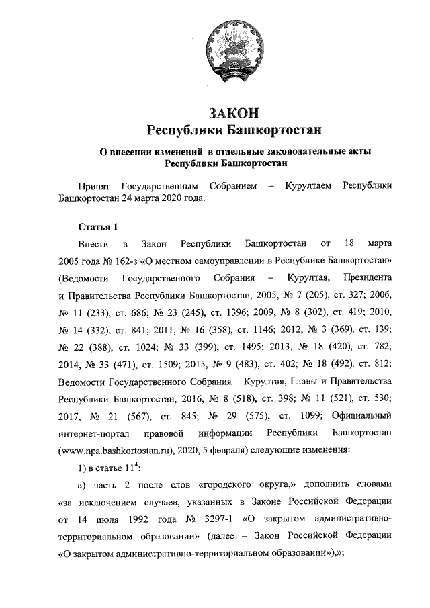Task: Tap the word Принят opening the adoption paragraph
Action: pyautogui.click(x=95, y=187)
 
